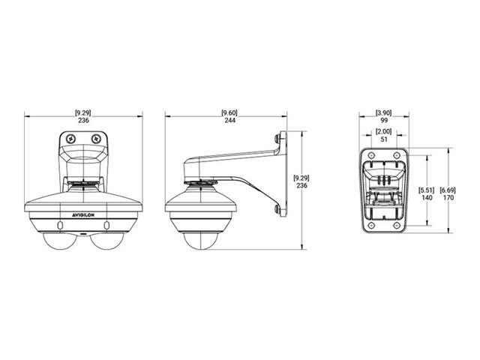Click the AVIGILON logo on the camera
(x=83, y=215)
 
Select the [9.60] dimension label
(x=229, y=113)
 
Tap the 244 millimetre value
(x=230, y=120)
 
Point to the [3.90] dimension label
(x=383, y=113)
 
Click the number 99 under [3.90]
(x=384, y=120)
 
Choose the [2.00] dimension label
(x=383, y=132)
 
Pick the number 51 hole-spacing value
(x=384, y=139)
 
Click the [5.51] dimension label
(x=427, y=190)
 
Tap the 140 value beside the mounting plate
(x=427, y=198)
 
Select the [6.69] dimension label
(x=448, y=190)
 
